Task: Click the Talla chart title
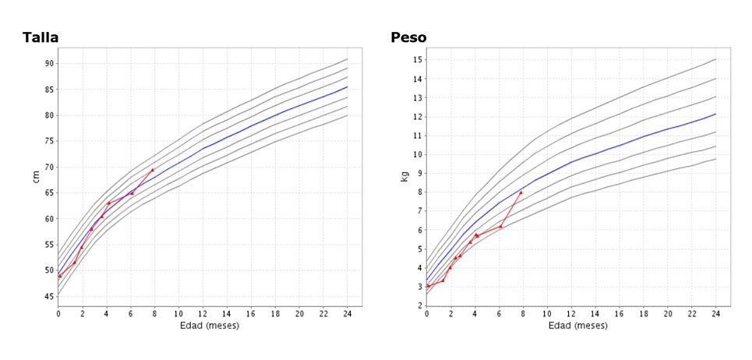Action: [41, 37]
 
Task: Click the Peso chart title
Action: [408, 37]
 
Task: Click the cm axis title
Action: [36, 176]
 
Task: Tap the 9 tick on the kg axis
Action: [419, 173]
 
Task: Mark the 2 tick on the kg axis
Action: [419, 305]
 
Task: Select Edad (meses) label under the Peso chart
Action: [571, 325]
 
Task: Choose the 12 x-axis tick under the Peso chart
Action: [571, 313]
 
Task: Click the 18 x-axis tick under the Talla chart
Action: [275, 313]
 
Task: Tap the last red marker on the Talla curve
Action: [153, 169]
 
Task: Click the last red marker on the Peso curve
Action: [521, 192]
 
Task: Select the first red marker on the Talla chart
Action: [60, 276]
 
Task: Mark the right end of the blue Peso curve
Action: [715, 114]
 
